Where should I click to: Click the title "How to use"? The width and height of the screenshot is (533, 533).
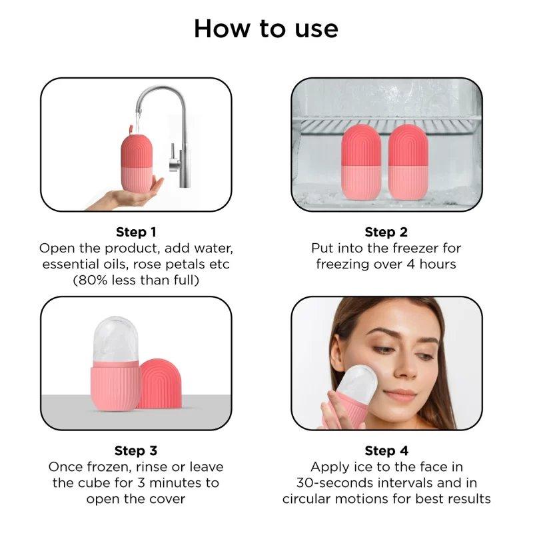pyautogui.click(x=266, y=29)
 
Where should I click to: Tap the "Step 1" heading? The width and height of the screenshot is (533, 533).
pyautogui.click(x=136, y=232)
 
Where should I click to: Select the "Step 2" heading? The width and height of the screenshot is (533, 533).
pyautogui.click(x=385, y=232)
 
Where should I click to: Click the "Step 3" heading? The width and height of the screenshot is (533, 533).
pyautogui.click(x=136, y=451)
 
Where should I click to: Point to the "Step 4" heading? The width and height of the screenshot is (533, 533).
pyautogui.click(x=385, y=451)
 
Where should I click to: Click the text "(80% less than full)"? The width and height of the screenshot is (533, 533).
pyautogui.click(x=136, y=280)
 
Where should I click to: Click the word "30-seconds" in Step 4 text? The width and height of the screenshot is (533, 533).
pyautogui.click(x=328, y=483)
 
